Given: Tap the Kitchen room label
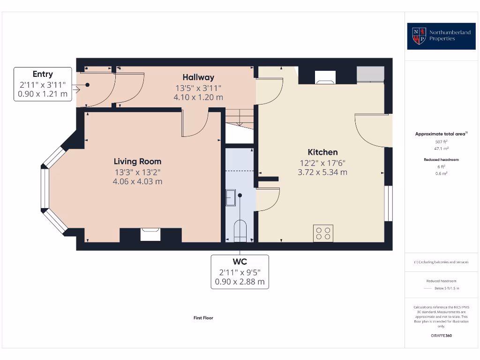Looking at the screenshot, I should pos(322,152).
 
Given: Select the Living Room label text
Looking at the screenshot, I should pos(137,161).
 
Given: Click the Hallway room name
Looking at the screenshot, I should pos(198,77).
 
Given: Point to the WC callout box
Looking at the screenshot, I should pos(240,271).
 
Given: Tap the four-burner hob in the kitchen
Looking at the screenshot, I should pos(323,233).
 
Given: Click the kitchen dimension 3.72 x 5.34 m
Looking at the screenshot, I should pos(322,172).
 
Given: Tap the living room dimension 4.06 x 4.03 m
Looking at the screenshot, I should pos(137,181).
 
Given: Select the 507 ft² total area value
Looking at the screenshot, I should pos(442,141).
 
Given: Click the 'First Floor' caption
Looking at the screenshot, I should pos(203,318).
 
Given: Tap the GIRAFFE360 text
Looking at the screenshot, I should pos(442,336).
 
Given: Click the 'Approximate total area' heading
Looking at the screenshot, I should pos(441,134).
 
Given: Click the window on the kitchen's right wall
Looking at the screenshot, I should pos(388,203).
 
